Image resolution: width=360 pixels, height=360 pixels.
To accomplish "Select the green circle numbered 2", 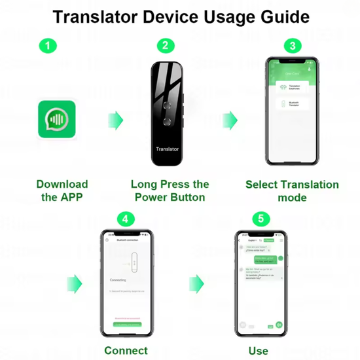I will tap(166, 46).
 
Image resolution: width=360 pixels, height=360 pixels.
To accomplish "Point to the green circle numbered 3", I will tap(293, 46).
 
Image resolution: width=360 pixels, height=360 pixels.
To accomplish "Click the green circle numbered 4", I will tap(126, 218).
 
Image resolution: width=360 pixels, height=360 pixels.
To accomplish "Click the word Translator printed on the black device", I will tap(167, 149).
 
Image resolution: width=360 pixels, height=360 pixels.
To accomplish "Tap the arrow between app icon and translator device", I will tap(115, 120).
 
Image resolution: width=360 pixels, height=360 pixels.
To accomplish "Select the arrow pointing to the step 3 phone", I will tap(229, 120).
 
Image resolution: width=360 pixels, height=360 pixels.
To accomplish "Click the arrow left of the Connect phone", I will tap(75, 283).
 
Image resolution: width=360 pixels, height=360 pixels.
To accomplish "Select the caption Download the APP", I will tap(62, 190).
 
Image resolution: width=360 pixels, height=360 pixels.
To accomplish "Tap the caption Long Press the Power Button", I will tap(170, 190).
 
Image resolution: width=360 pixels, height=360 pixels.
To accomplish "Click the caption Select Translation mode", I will tap(292, 190).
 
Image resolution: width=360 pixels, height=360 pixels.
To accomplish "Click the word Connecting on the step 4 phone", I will tap(118, 279).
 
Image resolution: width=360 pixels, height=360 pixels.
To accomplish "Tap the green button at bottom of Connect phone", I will tap(126, 323).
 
